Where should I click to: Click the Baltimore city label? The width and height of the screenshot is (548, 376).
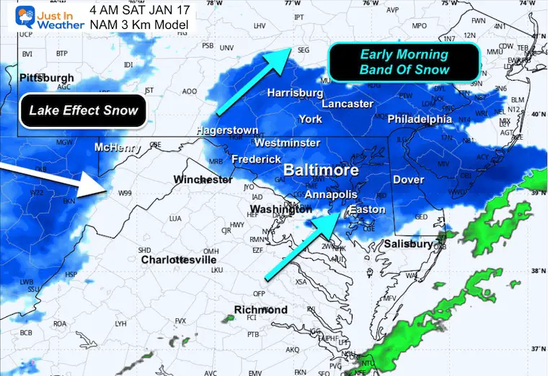(x=321, y=171)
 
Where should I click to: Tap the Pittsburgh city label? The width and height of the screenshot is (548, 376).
(x=47, y=77)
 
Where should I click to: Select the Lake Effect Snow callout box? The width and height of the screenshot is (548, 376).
(x=83, y=111)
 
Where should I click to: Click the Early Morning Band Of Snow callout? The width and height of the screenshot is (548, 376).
(x=404, y=62)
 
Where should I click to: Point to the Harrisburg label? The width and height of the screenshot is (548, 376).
(x=295, y=93)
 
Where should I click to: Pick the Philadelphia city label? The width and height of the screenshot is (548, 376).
(x=420, y=119)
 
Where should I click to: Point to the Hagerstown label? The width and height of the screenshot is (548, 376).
(x=227, y=130)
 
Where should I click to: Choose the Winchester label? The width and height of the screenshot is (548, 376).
(x=203, y=179)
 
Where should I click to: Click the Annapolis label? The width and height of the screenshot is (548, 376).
(x=331, y=195)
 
